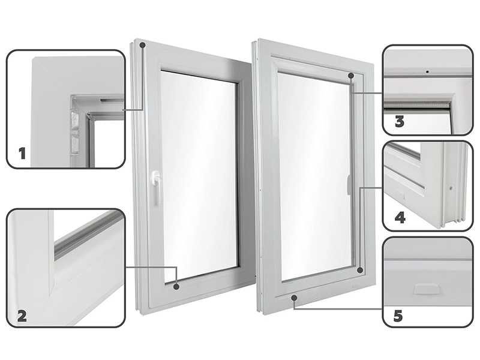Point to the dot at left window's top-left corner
(142, 45)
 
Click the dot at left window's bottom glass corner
(176, 287)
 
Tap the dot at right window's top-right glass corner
(350, 76)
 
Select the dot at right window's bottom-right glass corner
(359, 271)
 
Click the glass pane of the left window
(198, 174)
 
